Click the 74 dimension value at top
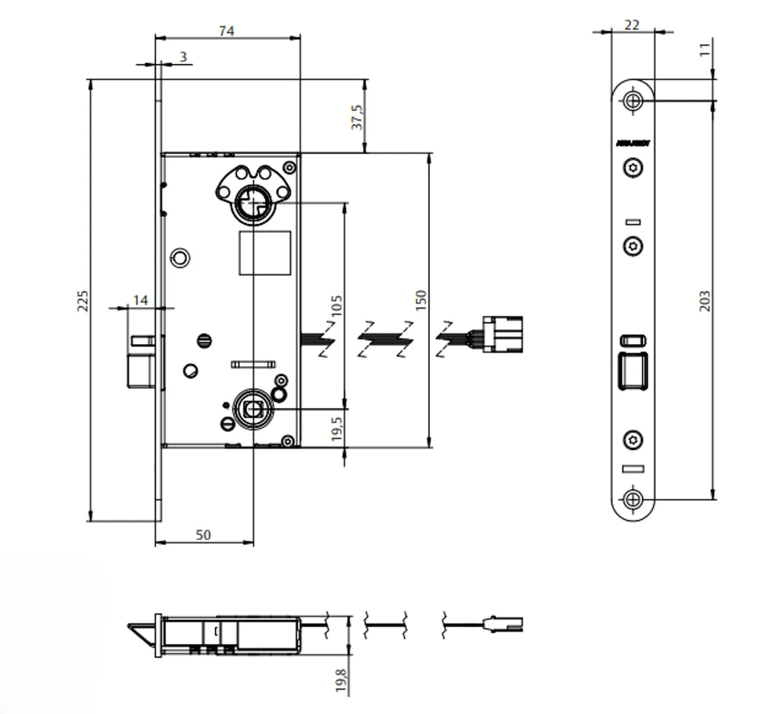(226, 31)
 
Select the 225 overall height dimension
(84, 301)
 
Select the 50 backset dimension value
(203, 535)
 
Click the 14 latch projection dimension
(140, 301)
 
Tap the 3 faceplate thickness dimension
(183, 56)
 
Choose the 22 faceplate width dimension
(632, 24)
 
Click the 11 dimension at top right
(705, 50)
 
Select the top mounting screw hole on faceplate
(632, 101)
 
